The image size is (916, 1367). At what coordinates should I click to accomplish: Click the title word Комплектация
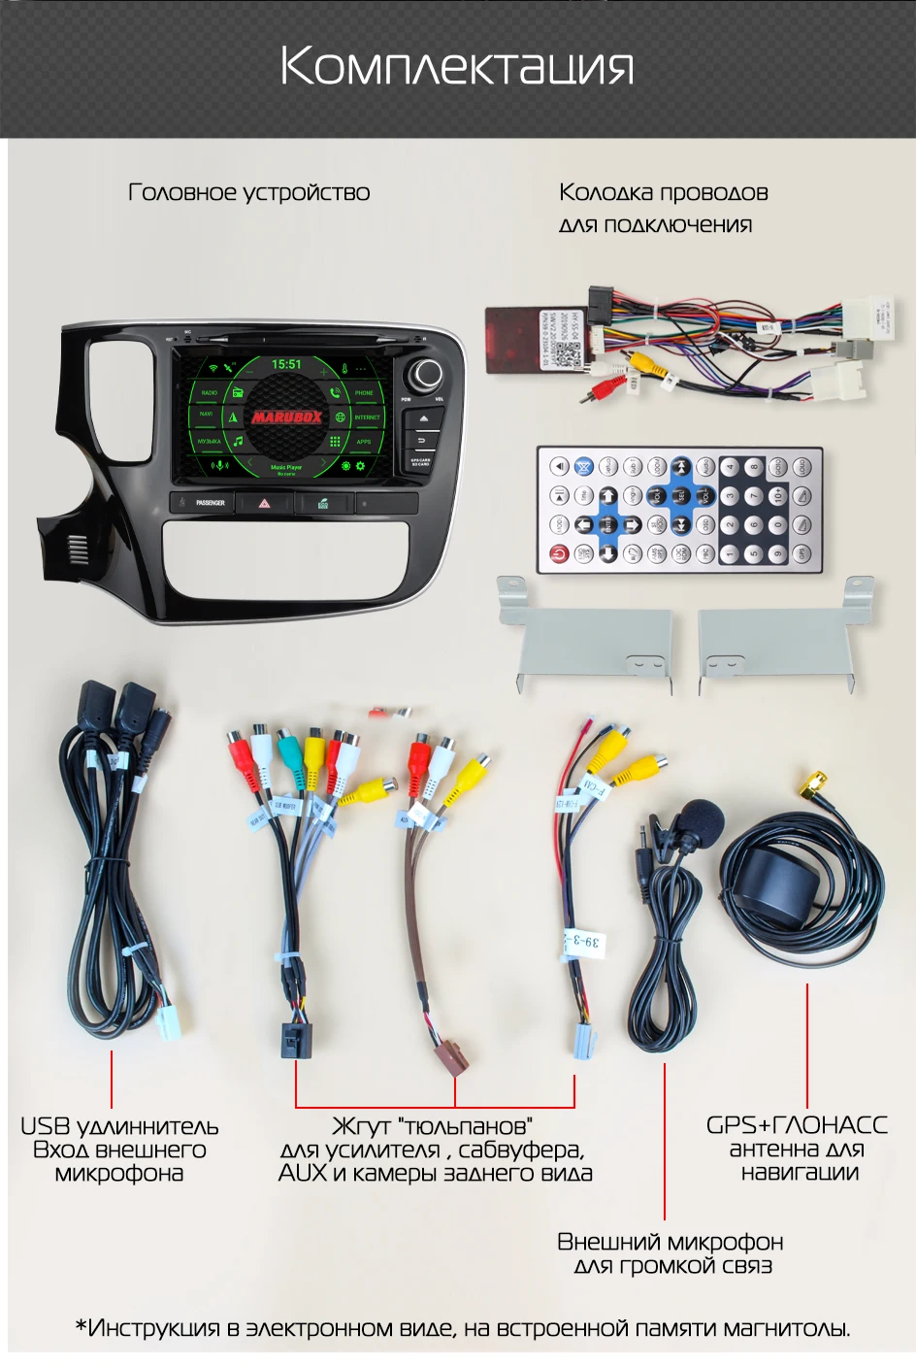pyautogui.click(x=457, y=66)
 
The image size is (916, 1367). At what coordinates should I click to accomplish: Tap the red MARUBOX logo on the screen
pyautogui.click(x=286, y=417)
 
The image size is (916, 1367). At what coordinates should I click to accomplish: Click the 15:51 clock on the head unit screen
pyautogui.click(x=286, y=364)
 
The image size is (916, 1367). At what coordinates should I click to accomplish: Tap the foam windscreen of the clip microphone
pyautogui.click(x=701, y=821)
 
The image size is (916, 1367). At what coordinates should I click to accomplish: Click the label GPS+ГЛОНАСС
pyautogui.click(x=797, y=1125)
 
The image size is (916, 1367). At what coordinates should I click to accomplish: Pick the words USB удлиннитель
pyautogui.click(x=119, y=1126)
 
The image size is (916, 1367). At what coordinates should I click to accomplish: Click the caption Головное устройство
pyautogui.click(x=249, y=192)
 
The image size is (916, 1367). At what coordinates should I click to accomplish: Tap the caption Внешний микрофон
pyautogui.click(x=671, y=1242)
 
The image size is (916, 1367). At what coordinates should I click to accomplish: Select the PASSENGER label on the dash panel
pyautogui.click(x=211, y=503)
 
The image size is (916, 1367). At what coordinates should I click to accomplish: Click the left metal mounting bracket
pyautogui.click(x=587, y=636)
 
